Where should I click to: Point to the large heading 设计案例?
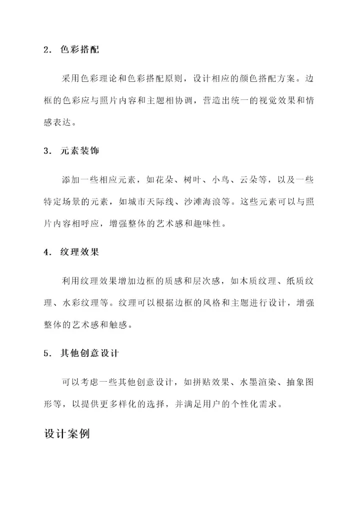point(67,433)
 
